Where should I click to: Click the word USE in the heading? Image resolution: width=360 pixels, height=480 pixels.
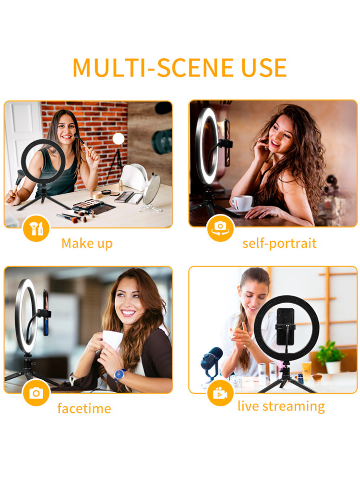(264, 68)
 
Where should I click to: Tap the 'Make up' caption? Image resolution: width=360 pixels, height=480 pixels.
(87, 243)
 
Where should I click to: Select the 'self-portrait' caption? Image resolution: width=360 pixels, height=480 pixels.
(279, 243)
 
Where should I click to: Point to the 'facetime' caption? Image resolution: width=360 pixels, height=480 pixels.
(84, 408)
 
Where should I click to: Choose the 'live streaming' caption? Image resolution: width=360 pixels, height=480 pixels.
(281, 406)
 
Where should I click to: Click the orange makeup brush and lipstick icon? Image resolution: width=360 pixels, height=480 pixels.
(36, 229)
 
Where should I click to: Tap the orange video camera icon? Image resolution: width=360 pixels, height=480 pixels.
(220, 394)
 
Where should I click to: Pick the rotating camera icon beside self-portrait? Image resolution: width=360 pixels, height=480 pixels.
(220, 228)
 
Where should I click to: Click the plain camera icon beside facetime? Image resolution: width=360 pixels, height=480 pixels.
(36, 394)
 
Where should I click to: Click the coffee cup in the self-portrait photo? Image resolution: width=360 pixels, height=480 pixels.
(242, 203)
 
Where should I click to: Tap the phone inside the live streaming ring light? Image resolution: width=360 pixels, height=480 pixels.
(285, 326)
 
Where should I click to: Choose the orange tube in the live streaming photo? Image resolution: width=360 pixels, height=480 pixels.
(306, 371)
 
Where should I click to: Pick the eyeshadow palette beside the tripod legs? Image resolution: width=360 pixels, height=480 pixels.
(88, 204)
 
